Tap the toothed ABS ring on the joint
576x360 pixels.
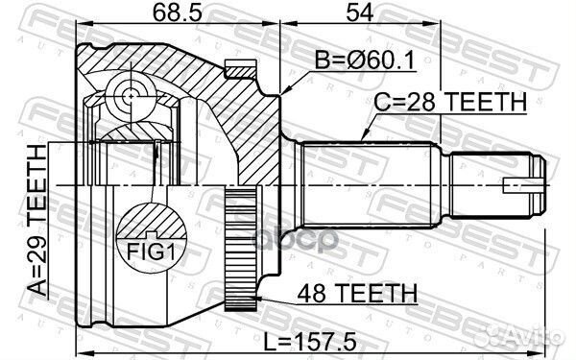point(237,247)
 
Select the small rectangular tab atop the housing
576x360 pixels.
point(236,68)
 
